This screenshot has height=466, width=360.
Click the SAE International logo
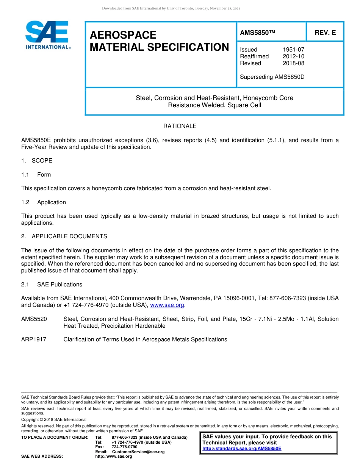(x=47, y=35)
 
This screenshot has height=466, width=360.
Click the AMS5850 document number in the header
(x=257, y=33)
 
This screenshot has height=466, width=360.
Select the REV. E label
(x=325, y=33)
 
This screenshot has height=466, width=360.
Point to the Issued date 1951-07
(x=293, y=50)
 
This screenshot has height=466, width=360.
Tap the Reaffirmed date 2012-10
(x=293, y=56)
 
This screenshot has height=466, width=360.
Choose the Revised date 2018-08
(x=293, y=63)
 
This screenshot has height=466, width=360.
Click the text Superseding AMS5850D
(x=272, y=77)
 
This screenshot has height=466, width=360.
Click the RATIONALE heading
(x=180, y=126)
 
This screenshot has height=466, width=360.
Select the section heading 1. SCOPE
(x=37, y=161)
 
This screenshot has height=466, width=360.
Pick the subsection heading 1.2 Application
(x=44, y=202)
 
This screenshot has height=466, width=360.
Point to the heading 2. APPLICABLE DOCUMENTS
(x=64, y=236)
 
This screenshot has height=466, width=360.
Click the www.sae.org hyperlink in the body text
(x=167, y=305)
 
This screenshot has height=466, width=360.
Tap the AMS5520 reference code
(x=34, y=319)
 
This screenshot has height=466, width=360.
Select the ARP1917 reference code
(x=34, y=339)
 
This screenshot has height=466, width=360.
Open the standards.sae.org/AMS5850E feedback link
(x=242, y=449)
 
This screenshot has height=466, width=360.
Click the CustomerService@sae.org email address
(x=138, y=452)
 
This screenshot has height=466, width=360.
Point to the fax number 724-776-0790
(x=125, y=447)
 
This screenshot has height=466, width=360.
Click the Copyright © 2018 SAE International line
(x=54, y=419)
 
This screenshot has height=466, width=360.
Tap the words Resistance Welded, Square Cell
(x=214, y=105)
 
